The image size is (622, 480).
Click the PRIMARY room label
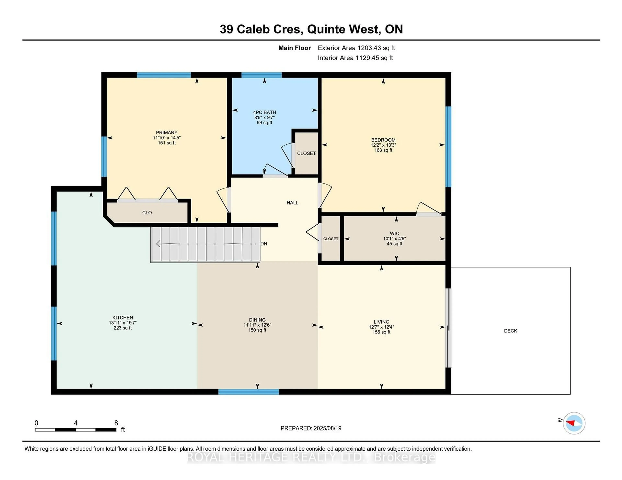click(167, 133)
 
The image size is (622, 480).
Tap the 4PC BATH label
click(264, 112)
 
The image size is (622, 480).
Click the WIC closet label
click(394, 233)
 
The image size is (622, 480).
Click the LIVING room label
click(381, 322)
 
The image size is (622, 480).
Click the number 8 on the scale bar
click(116, 423)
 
